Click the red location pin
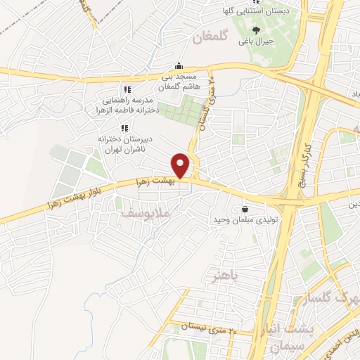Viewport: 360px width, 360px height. click(x=181, y=165)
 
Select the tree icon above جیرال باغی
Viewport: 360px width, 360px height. click(x=256, y=30)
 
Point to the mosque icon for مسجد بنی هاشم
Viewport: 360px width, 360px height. click(x=181, y=65)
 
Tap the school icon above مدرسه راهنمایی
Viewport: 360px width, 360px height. click(x=127, y=89)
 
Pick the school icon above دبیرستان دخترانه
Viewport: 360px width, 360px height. click(x=124, y=128)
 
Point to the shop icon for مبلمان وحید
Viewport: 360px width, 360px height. click(x=245, y=209)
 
